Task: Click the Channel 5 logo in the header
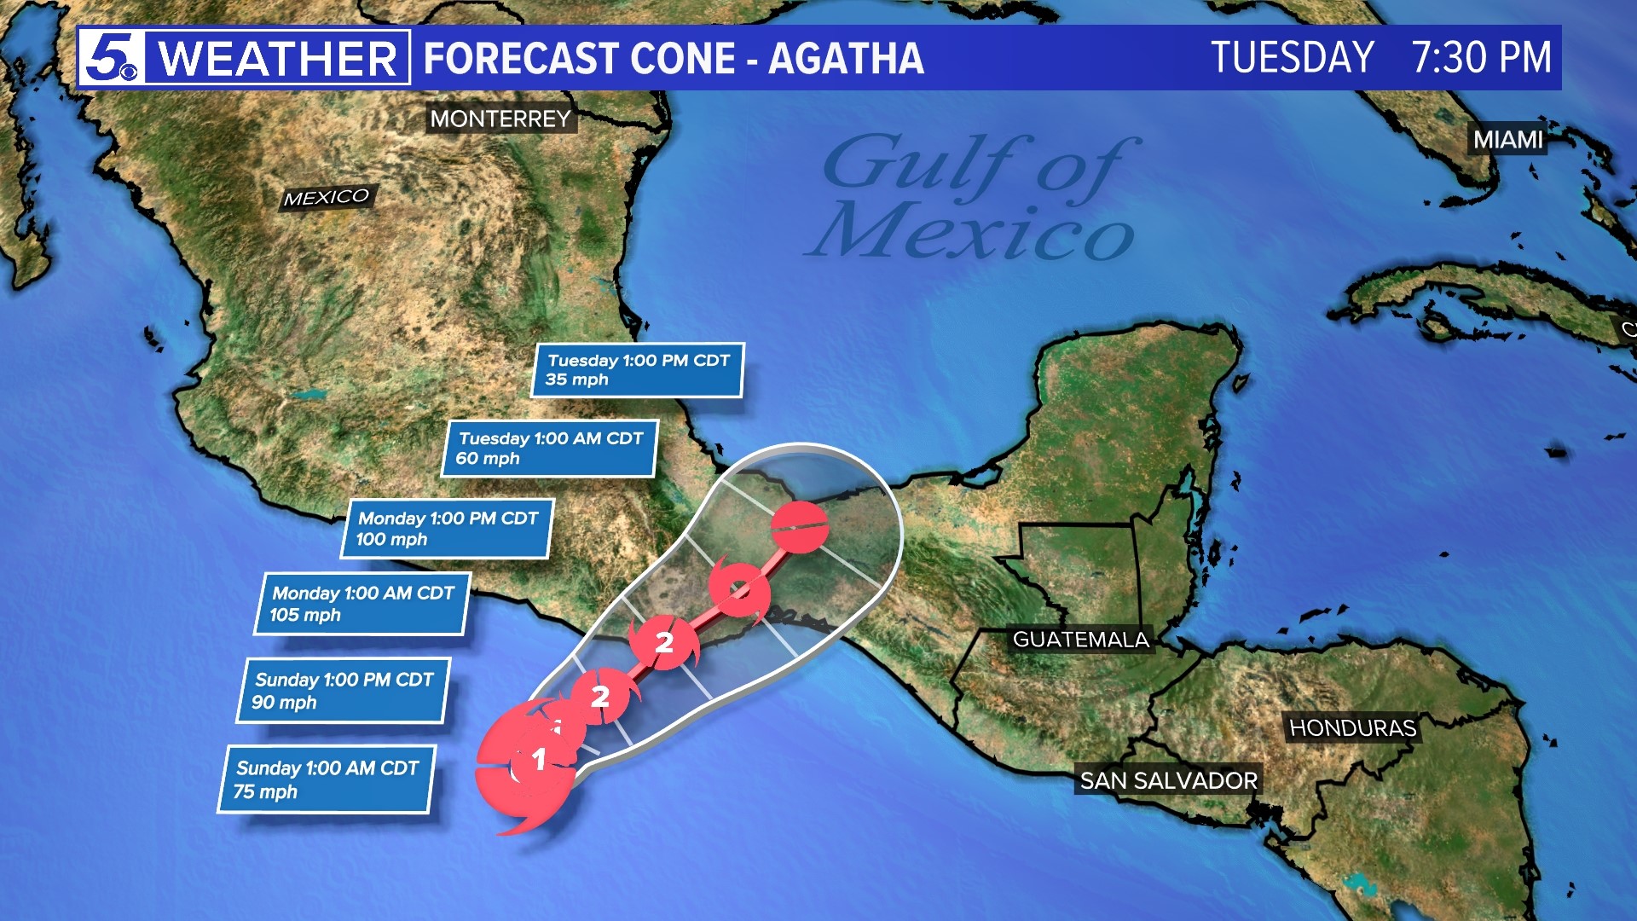112,58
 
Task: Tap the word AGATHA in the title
846,58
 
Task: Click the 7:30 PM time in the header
1481,58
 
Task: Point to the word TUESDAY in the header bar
1292,58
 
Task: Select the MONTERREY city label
500,119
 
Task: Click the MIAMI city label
1508,139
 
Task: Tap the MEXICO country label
326,198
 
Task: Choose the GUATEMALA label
1080,640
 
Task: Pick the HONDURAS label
1352,727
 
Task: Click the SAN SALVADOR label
1168,780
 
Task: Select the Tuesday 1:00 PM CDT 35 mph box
638,370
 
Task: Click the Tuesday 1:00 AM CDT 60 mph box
550,449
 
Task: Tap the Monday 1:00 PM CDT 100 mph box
447,529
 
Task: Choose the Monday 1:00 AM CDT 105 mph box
362,604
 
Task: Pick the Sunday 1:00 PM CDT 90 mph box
343,691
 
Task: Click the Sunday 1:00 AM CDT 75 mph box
327,779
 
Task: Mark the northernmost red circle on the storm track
799,527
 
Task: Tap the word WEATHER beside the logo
278,58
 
